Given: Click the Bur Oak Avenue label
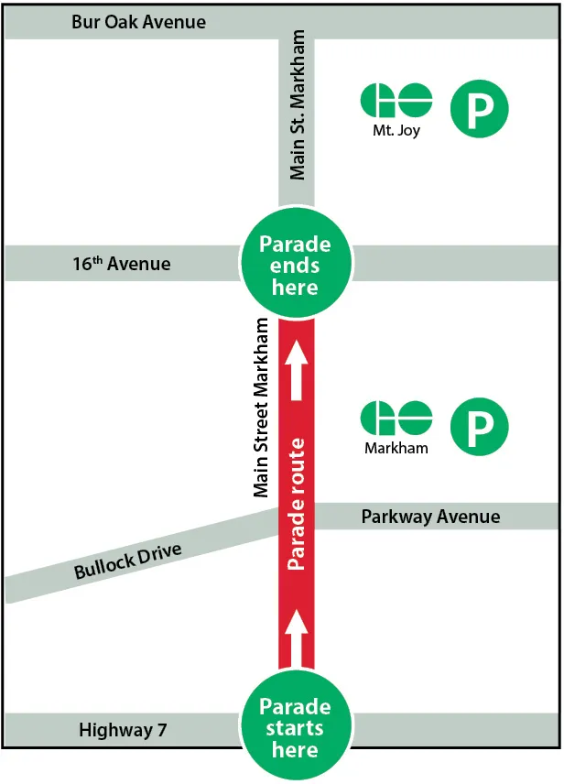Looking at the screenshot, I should click(138, 22).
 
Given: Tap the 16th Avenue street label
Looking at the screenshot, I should click(122, 264).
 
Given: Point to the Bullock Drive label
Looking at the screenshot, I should click(128, 561).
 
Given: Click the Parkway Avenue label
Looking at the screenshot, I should click(430, 517).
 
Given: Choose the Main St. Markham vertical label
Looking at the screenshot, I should click(298, 104).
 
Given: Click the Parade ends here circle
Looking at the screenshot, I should click(295, 266).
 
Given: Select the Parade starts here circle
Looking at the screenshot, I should click(295, 728).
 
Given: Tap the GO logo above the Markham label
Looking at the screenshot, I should click(396, 419).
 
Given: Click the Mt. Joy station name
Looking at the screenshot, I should click(396, 130).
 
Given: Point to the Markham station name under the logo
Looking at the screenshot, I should click(396, 449).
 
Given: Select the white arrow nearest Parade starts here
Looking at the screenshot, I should click(296, 636).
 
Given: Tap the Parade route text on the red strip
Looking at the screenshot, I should click(296, 505).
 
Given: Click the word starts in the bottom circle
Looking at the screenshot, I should click(295, 729).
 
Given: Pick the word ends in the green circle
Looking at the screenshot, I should click(295, 266).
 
